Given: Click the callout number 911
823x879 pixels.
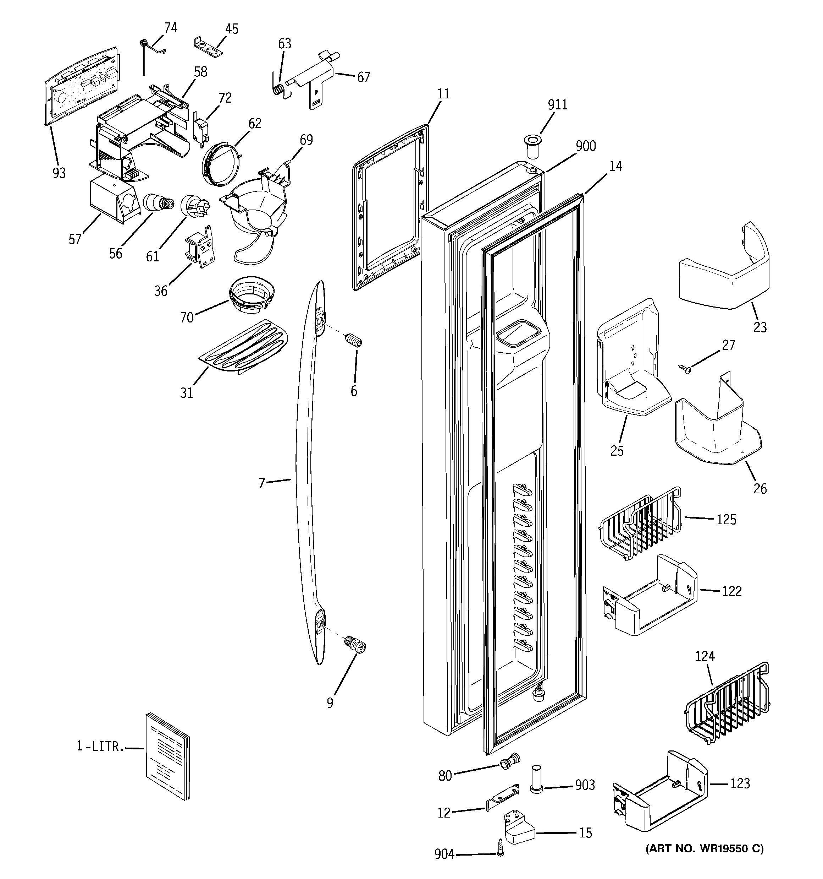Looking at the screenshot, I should coord(558,105).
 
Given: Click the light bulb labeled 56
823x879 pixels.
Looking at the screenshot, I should coord(158,204).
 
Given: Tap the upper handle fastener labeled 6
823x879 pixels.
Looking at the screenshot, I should coord(355,341).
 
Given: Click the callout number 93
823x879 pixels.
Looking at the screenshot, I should coord(59,173).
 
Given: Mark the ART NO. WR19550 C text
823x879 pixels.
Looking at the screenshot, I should coord(704,848).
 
